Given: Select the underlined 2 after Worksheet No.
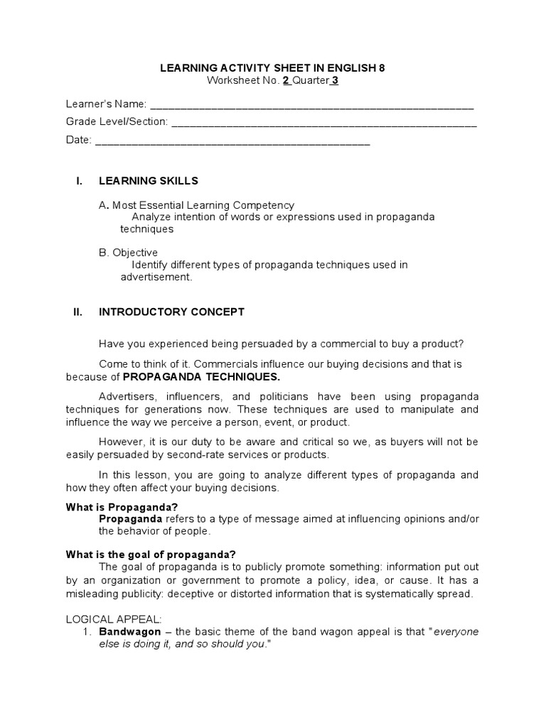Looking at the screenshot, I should click(x=286, y=80).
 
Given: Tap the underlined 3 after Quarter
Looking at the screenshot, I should click(x=334, y=80).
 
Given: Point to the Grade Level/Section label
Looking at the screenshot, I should click(x=117, y=122).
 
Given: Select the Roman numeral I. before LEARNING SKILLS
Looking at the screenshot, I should click(x=80, y=181).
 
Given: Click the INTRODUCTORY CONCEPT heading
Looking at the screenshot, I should click(x=171, y=312).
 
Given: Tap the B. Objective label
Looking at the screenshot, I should click(x=128, y=253).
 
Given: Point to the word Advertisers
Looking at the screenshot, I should click(x=128, y=395).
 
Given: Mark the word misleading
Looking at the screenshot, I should click(x=97, y=594).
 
